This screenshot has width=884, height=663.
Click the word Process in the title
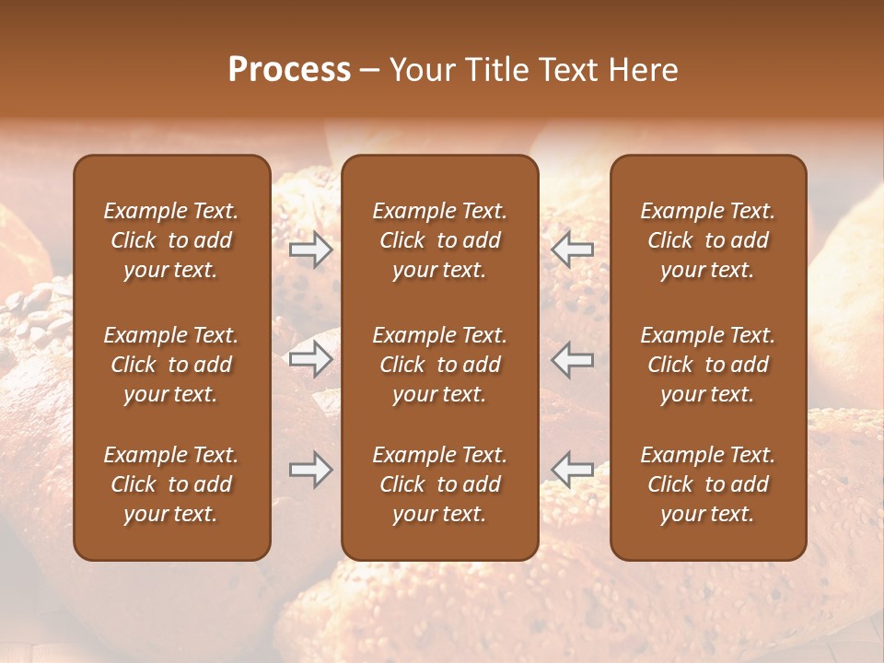tap(289, 70)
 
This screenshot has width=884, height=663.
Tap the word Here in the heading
tap(642, 70)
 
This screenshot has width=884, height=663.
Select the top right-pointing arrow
tap(310, 250)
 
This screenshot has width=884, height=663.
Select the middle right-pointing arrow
tap(310, 359)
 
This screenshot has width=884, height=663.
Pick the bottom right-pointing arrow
tap(310, 470)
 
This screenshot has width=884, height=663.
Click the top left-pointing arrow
tap(572, 250)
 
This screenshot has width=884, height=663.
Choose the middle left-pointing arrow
tap(572, 359)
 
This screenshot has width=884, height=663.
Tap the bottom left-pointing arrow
tap(572, 470)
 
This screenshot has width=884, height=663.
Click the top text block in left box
tap(171, 240)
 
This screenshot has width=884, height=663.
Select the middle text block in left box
tap(171, 365)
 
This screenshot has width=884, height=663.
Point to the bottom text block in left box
tap(171, 484)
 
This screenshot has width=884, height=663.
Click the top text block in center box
tap(439, 240)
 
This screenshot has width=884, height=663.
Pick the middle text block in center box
tap(439, 365)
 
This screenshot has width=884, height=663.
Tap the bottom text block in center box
tap(439, 484)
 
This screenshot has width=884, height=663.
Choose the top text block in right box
tap(707, 240)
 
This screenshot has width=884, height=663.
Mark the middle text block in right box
tap(707, 365)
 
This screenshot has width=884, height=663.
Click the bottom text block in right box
tap(707, 484)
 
